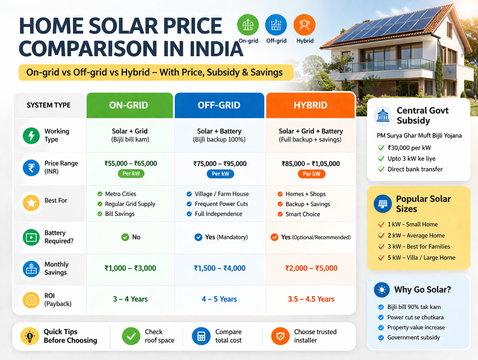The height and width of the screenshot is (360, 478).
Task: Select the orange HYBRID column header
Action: click(310, 105)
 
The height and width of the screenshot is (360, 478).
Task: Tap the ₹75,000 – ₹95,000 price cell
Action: click(220, 163)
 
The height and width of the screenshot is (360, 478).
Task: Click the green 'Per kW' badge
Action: click(131, 174)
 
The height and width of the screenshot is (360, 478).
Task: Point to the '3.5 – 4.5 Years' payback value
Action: click(311, 299)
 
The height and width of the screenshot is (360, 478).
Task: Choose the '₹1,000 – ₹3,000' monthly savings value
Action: click(130, 268)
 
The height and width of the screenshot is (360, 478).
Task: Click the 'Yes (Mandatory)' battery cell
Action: click(221, 237)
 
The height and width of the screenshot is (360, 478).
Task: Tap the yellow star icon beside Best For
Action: click(31, 203)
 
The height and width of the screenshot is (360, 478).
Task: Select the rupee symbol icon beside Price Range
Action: click(31, 168)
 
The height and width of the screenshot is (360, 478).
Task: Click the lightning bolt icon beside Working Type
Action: click(31, 136)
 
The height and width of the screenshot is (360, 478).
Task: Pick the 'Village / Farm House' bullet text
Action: click(221, 194)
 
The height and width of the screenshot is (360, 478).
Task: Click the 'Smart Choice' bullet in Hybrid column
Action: click(302, 214)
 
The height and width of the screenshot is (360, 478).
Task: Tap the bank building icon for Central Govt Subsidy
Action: click(383, 116)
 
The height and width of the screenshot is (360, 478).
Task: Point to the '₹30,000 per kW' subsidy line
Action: click(409, 148)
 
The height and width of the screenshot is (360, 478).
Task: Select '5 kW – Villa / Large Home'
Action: click(421, 258)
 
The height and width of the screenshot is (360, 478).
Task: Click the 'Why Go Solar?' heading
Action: click(422, 290)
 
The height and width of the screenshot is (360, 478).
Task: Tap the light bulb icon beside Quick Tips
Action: click(30, 336)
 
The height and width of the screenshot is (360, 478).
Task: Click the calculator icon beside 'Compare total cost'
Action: click(201, 336)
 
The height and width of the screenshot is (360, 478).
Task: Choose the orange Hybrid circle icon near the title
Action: click(304, 25)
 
